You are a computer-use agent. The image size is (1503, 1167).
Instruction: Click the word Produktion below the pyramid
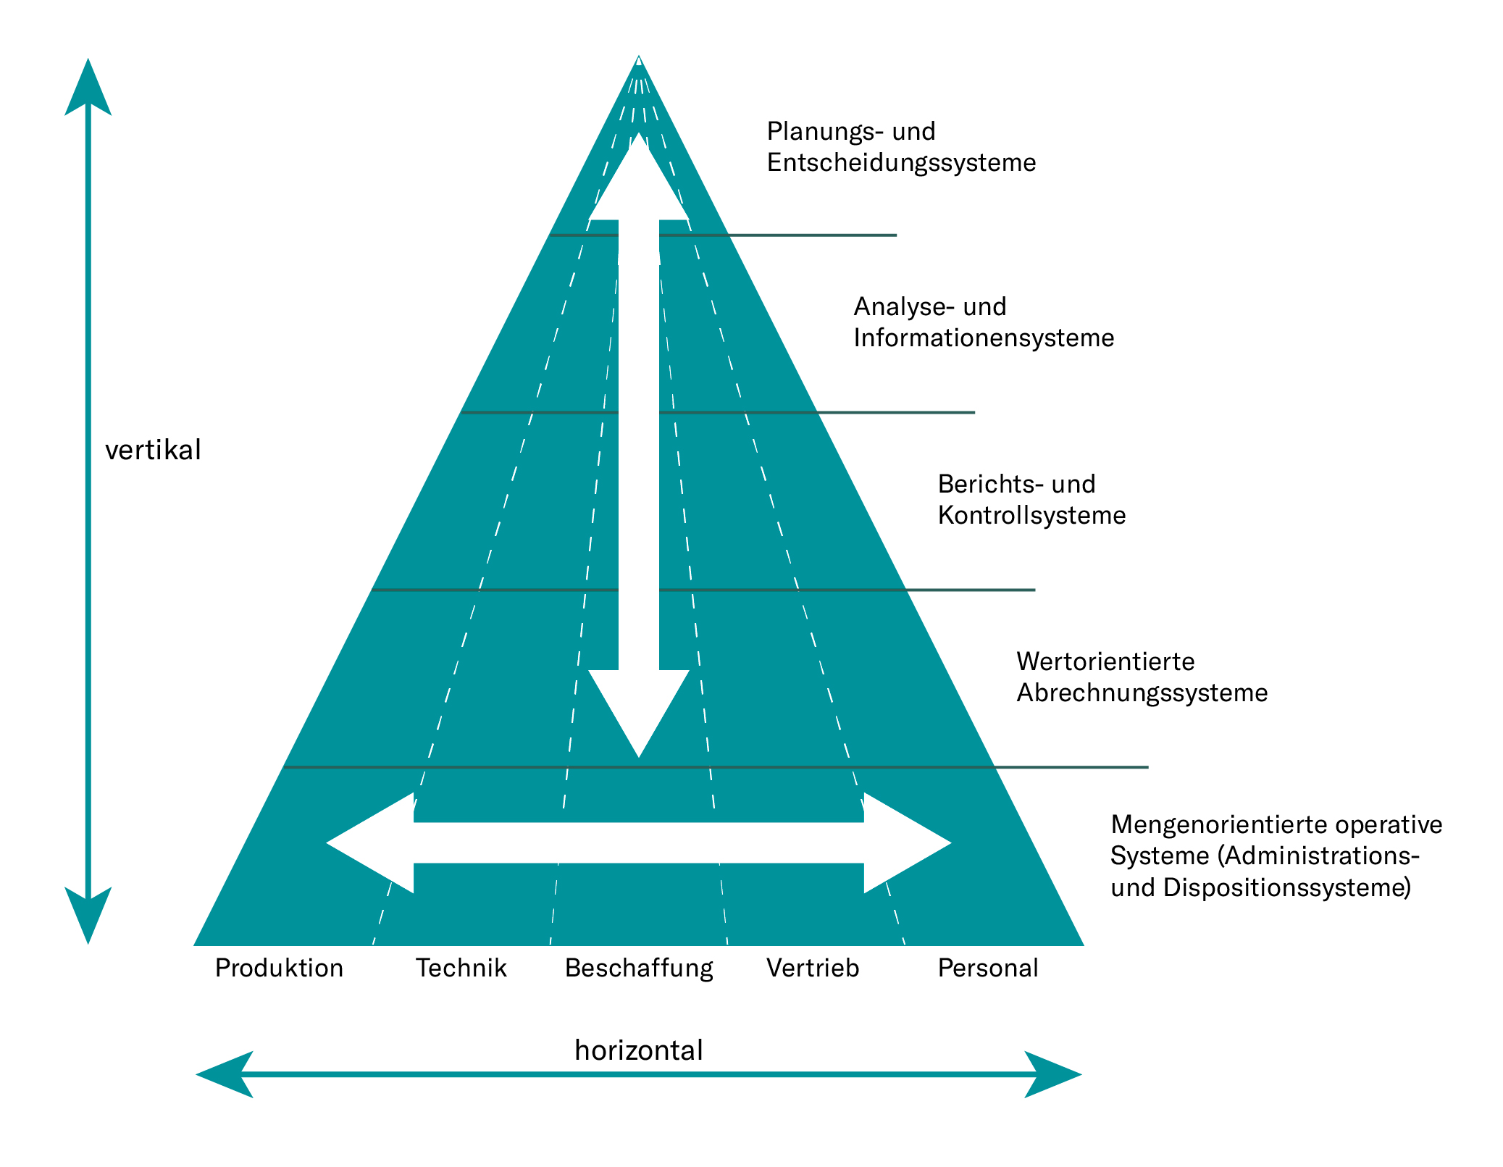click(279, 968)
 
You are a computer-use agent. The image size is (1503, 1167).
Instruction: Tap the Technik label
click(461, 968)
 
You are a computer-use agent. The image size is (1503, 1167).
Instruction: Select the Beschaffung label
click(639, 969)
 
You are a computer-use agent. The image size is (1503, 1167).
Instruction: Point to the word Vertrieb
click(813, 968)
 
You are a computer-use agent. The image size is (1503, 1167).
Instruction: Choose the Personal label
click(988, 968)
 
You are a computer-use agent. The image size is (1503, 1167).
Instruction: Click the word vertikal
click(153, 450)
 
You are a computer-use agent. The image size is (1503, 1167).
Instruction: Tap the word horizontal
click(639, 1050)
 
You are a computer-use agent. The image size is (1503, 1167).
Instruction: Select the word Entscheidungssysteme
click(901, 162)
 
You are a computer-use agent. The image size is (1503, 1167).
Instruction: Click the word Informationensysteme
click(984, 338)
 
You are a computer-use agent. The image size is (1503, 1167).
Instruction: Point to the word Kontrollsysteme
click(1031, 515)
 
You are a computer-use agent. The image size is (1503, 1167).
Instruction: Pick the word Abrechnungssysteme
click(1142, 693)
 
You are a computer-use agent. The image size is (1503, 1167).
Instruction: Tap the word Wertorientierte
click(1105, 661)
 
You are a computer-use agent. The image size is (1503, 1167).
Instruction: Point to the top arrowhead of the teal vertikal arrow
click(88, 91)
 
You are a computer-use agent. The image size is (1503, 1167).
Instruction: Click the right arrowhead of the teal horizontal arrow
click(1050, 1074)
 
